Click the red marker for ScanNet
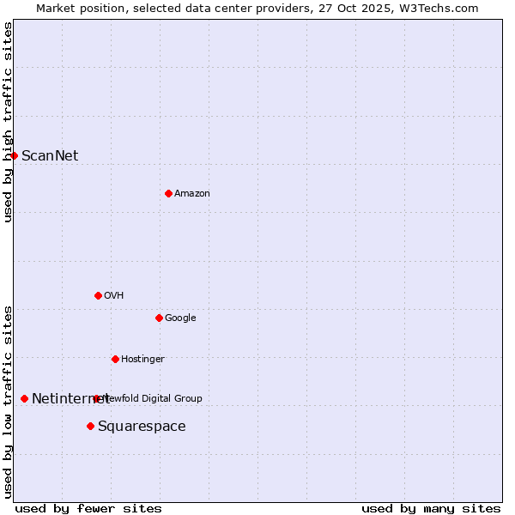coord(15,155)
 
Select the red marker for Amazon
coord(168,193)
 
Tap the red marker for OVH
coord(98,295)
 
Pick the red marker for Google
coord(159,318)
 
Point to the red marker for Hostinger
coord(115,359)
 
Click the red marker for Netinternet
coord(24,398)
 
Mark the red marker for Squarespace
coord(90,426)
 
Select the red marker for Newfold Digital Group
coord(96,398)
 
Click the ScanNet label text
coord(50,155)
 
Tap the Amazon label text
coord(192,194)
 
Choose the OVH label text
coord(114,296)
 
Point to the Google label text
coord(180,318)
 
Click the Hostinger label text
coord(142,360)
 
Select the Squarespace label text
coord(142,427)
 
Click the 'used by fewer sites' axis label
coord(88,508)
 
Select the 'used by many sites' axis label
coord(431,508)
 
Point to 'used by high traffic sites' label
coord(9,122)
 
